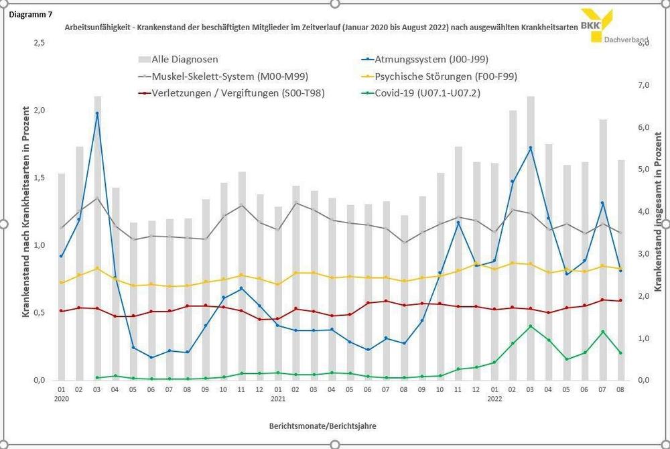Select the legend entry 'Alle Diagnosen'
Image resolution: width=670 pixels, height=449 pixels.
185,59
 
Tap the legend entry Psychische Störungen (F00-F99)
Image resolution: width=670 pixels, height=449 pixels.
446,76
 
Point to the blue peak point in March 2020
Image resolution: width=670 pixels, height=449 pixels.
97,113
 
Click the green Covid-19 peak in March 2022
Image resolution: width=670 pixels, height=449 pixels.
531,326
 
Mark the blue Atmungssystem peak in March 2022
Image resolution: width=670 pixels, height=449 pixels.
531,147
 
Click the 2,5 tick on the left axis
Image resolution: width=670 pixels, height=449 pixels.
40,43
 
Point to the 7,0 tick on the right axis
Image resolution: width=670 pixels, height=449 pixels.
643,86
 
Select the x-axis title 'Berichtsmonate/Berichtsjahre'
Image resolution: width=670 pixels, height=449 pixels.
327,426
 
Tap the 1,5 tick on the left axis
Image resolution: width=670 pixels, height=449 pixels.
40,178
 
